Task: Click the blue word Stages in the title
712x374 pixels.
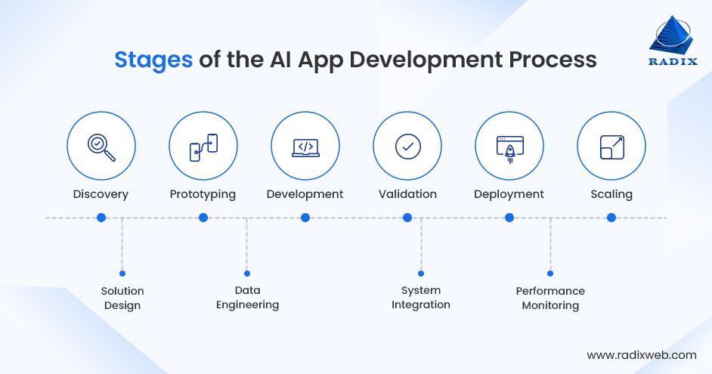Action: point(153,60)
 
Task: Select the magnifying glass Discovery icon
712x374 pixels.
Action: point(101,146)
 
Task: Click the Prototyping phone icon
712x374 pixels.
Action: point(203,146)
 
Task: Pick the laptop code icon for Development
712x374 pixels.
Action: point(305,146)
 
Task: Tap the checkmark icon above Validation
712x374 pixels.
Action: point(407,146)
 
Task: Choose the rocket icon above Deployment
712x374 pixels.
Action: point(509,146)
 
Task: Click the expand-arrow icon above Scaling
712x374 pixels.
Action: point(611,146)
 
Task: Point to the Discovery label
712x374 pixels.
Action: point(101,194)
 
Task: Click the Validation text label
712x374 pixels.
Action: point(407,194)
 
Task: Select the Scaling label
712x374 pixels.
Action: point(611,194)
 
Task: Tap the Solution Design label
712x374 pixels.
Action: point(122,298)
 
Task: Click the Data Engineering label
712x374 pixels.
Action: point(247,298)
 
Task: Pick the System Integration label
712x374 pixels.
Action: point(421,298)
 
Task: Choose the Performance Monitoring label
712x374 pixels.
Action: point(550,298)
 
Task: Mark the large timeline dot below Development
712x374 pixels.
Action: point(305,218)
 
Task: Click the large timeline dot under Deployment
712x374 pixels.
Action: point(509,218)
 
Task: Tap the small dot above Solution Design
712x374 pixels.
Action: point(122,274)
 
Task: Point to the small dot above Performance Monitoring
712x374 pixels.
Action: point(550,274)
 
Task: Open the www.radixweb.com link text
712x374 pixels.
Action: point(642,354)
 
